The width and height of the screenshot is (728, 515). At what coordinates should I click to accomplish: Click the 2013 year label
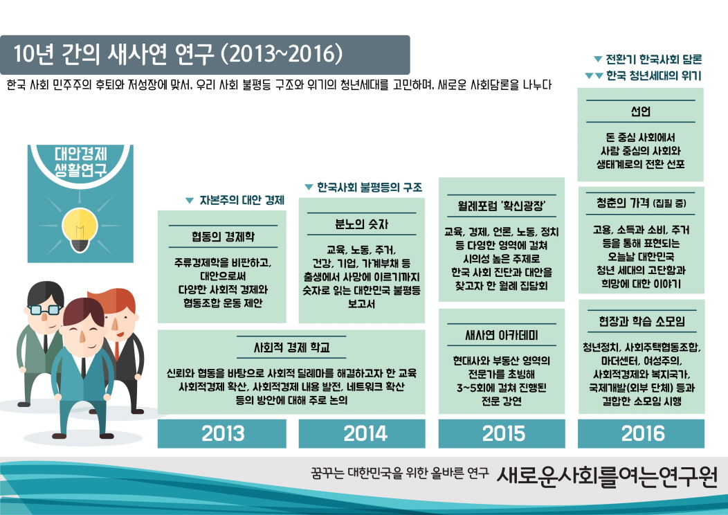pyautogui.click(x=223, y=433)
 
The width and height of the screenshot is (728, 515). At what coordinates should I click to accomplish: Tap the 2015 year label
pyautogui.click(x=502, y=433)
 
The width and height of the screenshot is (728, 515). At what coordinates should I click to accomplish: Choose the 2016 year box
pyautogui.click(x=641, y=433)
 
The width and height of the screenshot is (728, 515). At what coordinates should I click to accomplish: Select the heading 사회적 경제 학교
pyautogui.click(x=291, y=347)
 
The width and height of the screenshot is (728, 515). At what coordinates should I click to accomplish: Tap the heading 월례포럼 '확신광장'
pyautogui.click(x=502, y=206)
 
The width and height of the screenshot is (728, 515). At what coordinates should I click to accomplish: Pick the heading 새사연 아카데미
pyautogui.click(x=502, y=336)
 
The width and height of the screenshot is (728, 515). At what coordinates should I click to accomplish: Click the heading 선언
pyautogui.click(x=641, y=111)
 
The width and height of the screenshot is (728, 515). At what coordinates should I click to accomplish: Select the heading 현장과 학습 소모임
pyautogui.click(x=641, y=321)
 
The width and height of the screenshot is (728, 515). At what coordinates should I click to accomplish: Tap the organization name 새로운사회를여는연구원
pyautogui.click(x=608, y=476)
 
